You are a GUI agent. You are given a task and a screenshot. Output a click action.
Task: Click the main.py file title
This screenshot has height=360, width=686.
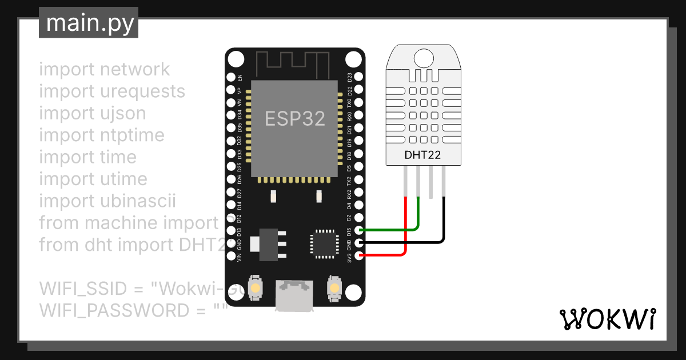[89, 23]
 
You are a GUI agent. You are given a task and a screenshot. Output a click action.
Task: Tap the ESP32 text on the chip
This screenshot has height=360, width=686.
[295, 118]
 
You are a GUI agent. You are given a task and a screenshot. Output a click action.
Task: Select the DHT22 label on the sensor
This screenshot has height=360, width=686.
[422, 154]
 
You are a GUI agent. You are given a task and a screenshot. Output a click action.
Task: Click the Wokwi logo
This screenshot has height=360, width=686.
[607, 319]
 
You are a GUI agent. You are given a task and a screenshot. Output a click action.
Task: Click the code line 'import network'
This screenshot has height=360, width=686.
[105, 69]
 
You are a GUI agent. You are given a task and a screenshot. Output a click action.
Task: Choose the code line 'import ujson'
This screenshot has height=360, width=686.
[93, 113]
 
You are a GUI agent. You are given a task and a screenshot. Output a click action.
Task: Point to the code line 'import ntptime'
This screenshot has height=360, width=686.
[102, 135]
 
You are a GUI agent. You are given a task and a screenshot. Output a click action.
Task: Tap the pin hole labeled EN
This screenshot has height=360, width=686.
[231, 77]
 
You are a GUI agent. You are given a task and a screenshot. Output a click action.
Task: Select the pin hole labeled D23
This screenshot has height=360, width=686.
[358, 77]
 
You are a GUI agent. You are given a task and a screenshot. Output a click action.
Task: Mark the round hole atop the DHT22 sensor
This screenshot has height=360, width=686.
[423, 57]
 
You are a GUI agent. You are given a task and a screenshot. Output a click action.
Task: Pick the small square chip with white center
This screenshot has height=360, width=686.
[319, 242]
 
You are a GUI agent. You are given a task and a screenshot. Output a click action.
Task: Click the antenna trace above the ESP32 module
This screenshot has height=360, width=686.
[295, 63]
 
